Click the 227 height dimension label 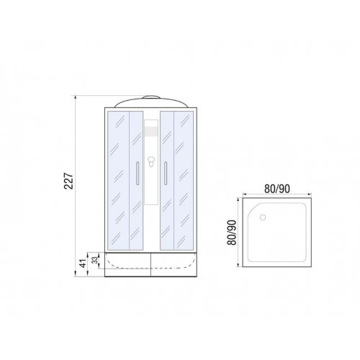(x=69, y=181)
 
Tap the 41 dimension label (x=83, y=264)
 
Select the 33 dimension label (x=95, y=260)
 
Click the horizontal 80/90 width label (x=277, y=189)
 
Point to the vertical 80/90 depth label (x=232, y=233)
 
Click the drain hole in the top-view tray (x=263, y=217)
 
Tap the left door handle (x=138, y=174)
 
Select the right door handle (x=166, y=174)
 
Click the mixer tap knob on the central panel (x=151, y=161)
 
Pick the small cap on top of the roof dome (x=151, y=97)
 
